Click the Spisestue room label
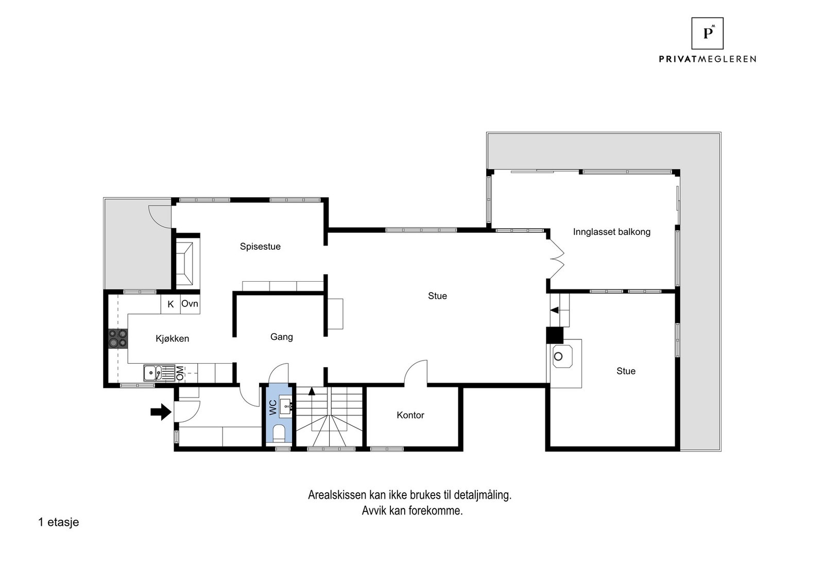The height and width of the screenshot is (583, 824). [x=260, y=247]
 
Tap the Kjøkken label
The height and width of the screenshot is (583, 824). [x=173, y=339]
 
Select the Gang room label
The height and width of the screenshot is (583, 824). [x=281, y=337]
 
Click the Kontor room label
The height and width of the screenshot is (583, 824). [x=410, y=415]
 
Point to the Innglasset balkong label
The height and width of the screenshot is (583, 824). [x=611, y=232]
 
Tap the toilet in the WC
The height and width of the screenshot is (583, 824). [x=279, y=434]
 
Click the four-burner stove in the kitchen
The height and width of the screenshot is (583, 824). [x=117, y=339]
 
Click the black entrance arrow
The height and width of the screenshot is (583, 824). [x=161, y=411]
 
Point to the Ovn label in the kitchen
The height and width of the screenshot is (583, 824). [x=190, y=304]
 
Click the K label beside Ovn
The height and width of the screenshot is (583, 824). [x=170, y=304]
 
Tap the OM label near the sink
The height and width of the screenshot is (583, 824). [x=180, y=373]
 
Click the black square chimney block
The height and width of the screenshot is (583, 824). [x=555, y=335]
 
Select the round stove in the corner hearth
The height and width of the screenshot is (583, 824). [x=558, y=356]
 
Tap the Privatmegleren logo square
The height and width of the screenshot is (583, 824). [x=707, y=33]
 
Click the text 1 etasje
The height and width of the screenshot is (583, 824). [x=58, y=522]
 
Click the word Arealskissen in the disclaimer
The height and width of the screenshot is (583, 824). [x=337, y=495]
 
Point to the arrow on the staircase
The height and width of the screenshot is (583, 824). [x=312, y=391]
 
